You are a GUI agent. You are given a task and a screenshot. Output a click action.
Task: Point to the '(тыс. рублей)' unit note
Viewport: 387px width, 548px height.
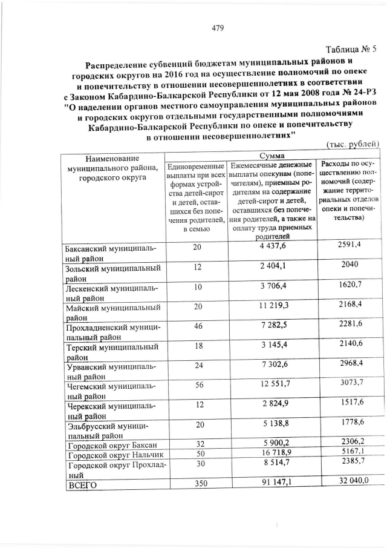click(353, 144)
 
